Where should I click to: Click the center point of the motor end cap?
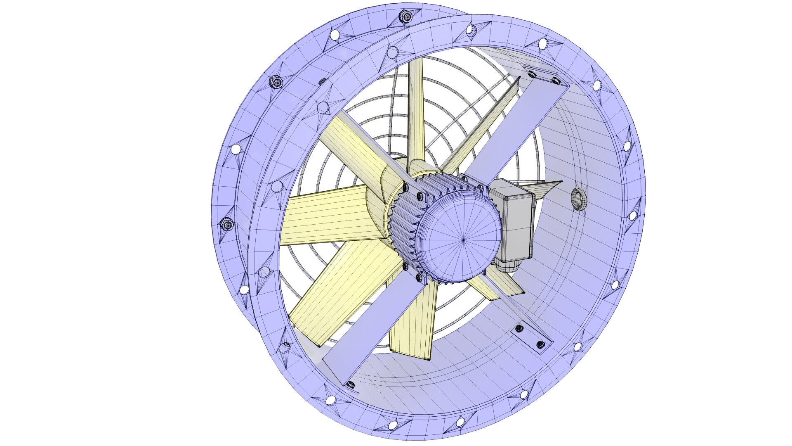[464, 240]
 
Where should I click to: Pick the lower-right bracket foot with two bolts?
[530, 337]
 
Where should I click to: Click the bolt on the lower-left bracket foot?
[351, 385]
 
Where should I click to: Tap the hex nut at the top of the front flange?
[406, 16]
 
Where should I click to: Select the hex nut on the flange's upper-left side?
[275, 82]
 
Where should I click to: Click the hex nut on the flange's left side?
[227, 224]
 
